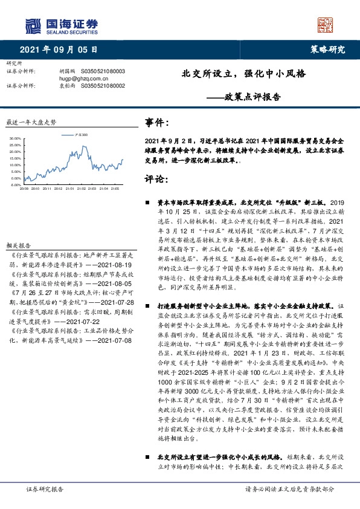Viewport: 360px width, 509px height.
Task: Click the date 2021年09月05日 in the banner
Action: tap(59, 50)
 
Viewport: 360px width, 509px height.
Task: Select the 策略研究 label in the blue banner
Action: tap(330, 50)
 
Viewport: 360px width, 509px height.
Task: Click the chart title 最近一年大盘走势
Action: tap(30, 122)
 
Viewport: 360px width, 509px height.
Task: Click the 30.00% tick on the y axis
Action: tap(16, 139)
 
